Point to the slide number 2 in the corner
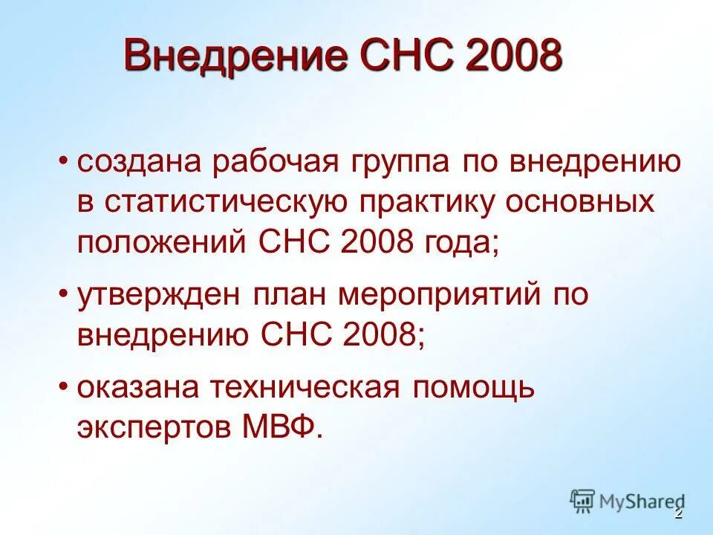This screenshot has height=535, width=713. [677, 514]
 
